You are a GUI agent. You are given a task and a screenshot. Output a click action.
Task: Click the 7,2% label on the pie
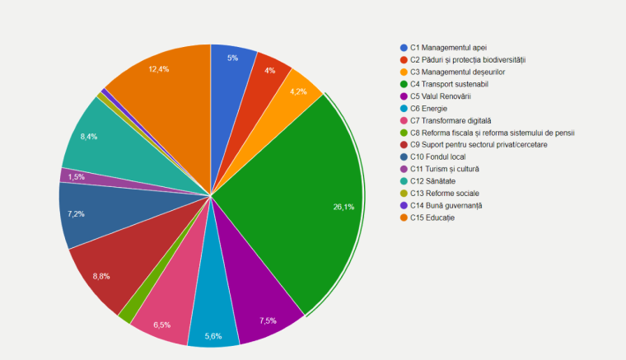[76, 213]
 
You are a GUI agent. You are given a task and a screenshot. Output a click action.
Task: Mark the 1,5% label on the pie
[77, 176]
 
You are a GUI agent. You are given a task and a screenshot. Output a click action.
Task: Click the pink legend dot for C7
[404, 120]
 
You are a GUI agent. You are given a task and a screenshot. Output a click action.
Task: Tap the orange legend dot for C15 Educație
[404, 217]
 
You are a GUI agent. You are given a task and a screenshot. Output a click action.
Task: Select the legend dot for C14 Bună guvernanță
[404, 205]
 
